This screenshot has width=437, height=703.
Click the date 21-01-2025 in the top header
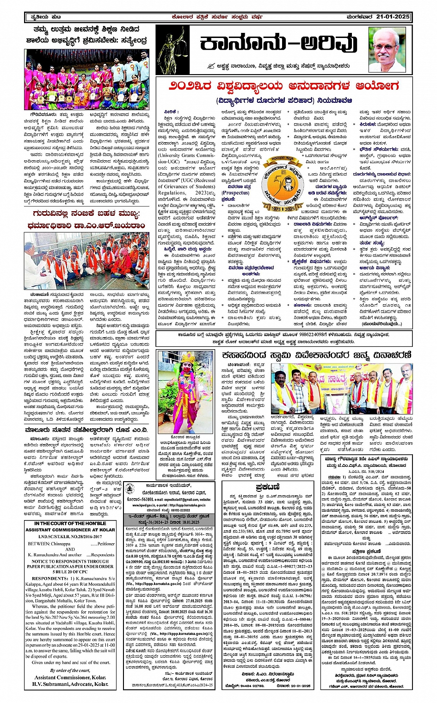(x=393, y=17)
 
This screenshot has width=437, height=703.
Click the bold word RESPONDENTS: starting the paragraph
(x=49, y=578)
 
